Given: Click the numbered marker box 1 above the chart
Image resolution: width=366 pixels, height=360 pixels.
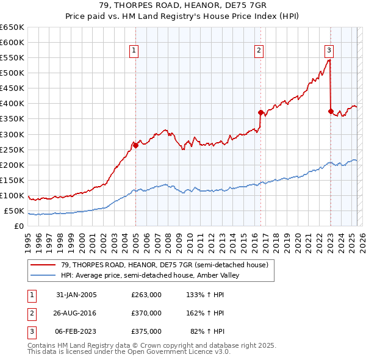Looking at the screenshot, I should pos(133,51).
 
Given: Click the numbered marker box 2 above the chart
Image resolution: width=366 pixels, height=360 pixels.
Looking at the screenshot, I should pos(259,51).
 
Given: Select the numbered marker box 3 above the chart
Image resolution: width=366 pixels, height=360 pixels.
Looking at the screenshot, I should pos(329,51).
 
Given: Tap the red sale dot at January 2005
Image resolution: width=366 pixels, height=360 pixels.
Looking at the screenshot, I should pos(135,145).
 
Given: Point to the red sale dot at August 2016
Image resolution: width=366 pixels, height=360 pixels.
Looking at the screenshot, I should pos(260,112).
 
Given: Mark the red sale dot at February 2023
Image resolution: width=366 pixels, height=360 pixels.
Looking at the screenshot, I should pos(331,111).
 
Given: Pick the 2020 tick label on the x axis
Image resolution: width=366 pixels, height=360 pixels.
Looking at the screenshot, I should pos(298,241).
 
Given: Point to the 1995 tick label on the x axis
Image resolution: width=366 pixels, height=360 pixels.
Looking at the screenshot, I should pos(28,241).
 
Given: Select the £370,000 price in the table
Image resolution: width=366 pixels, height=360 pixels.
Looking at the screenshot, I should pos(146,313).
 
